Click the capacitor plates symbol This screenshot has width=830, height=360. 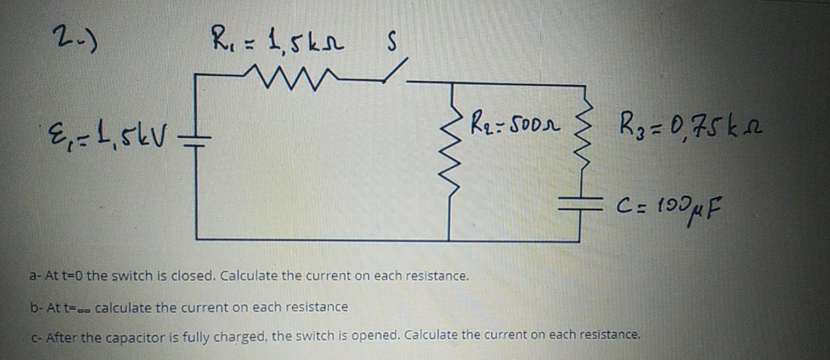tap(581, 203)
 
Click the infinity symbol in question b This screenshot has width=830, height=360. tap(83, 309)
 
